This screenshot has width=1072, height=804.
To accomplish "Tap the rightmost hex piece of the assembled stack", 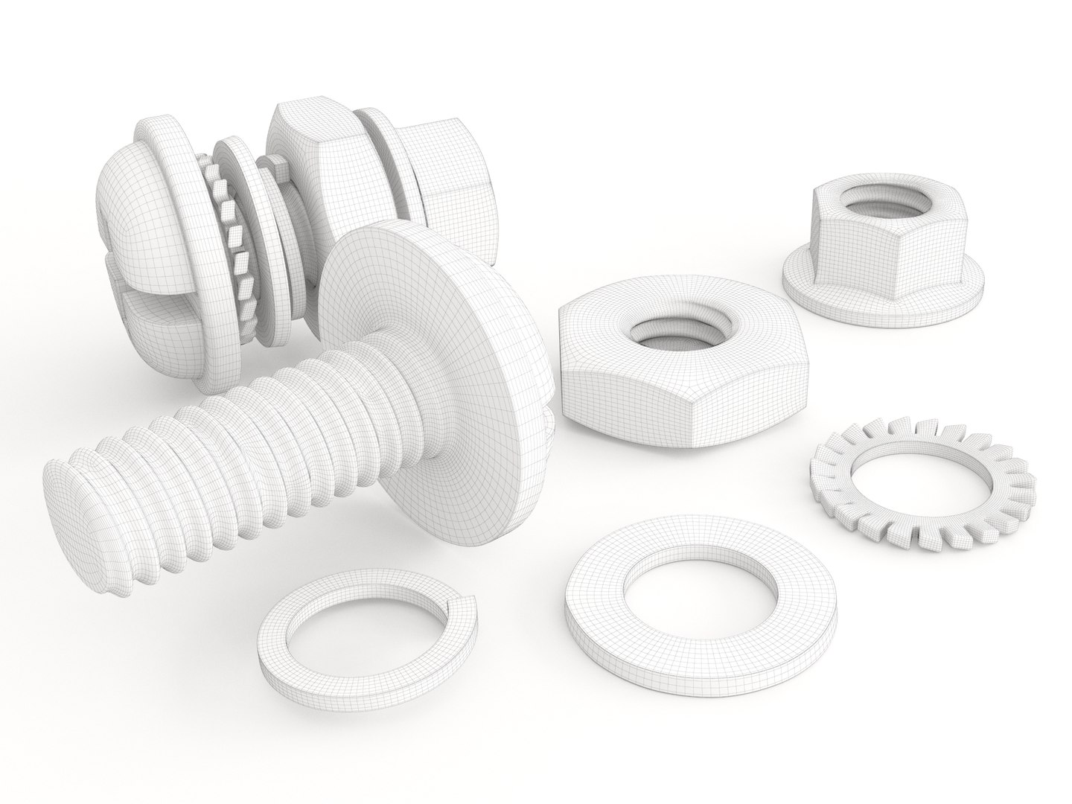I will click(447, 201).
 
